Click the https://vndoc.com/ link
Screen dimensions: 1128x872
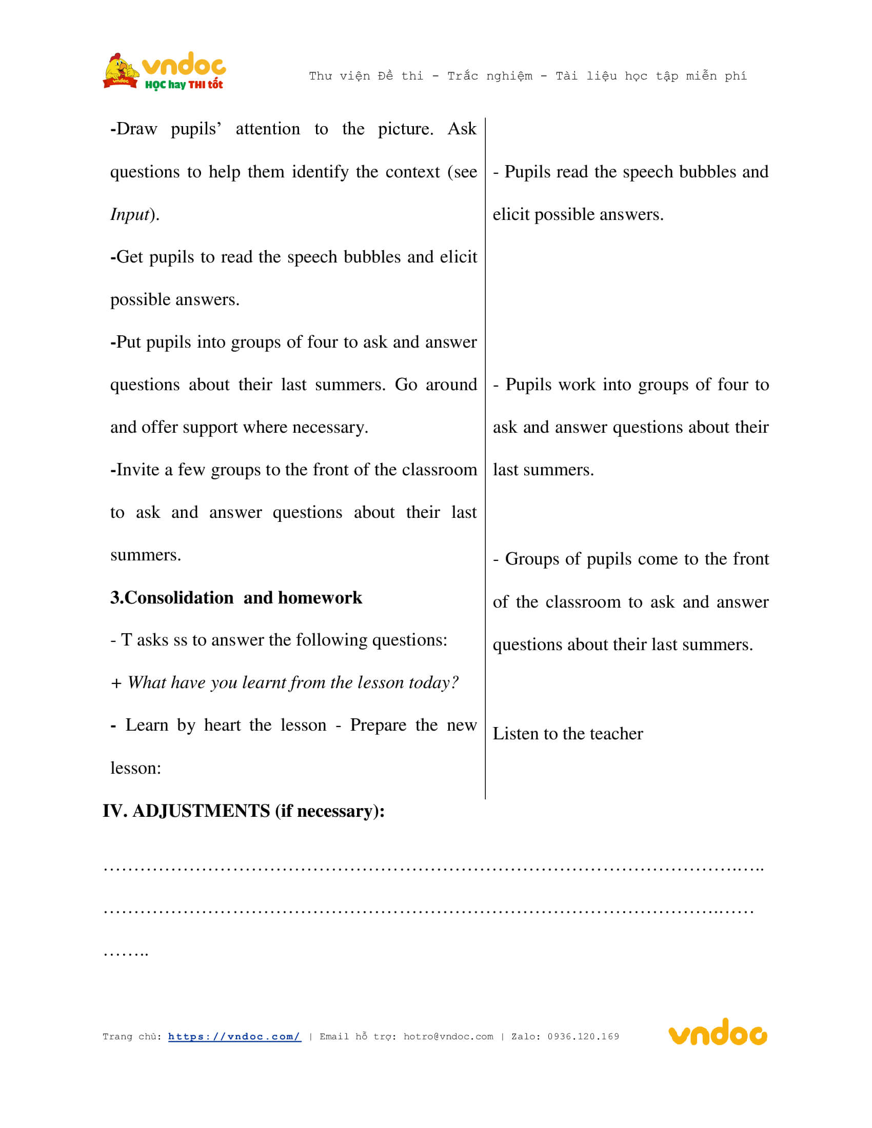234,1037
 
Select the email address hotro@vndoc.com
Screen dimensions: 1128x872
448,1037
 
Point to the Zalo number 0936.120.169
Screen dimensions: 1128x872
583,1037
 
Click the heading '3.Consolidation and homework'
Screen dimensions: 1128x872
236,597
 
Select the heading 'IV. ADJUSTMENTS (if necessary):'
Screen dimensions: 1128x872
243,811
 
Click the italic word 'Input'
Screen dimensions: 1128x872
130,214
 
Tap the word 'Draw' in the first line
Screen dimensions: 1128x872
136,129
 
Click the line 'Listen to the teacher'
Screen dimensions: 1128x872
567,734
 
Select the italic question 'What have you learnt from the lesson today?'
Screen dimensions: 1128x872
292,683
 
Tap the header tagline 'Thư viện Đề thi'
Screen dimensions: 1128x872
366,76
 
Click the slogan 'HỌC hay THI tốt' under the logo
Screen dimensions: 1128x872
184,85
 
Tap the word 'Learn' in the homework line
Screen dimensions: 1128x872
147,725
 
